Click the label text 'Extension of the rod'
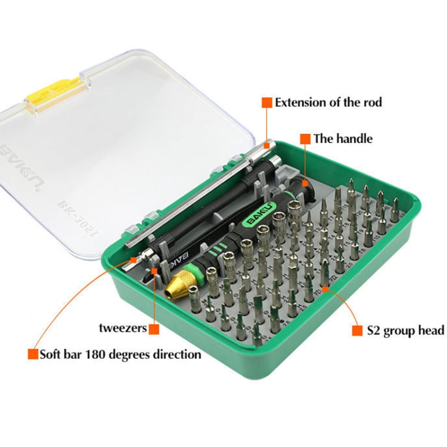point(328,102)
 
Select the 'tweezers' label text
point(123,328)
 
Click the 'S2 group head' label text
point(405,330)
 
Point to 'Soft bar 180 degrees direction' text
point(120,355)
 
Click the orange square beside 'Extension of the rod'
point(266,102)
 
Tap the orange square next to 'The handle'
point(305,139)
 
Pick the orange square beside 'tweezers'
point(154,328)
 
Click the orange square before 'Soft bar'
point(32,355)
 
